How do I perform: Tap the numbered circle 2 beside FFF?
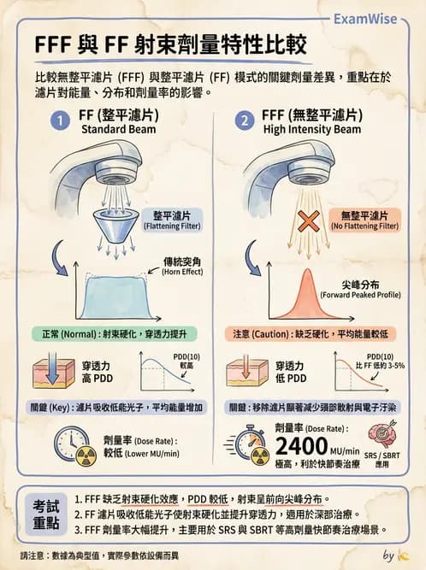tap(244, 122)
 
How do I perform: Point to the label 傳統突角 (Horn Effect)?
tap(181, 266)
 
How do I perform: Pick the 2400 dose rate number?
tap(302, 445)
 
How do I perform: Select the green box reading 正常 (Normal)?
tap(114, 333)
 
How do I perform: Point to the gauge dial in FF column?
tap(68, 444)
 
